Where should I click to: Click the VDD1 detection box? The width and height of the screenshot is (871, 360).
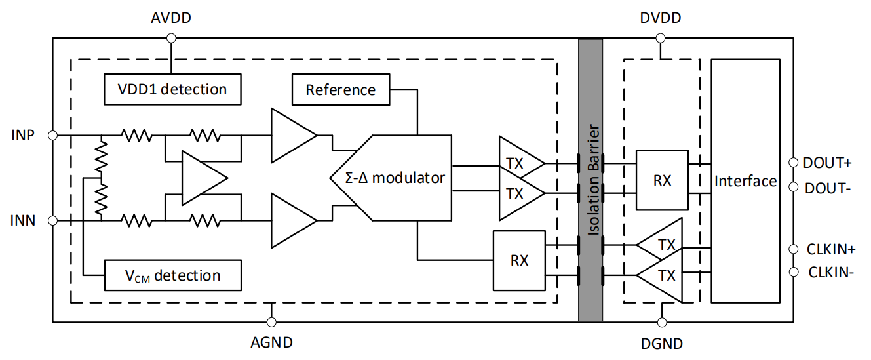coord(172,89)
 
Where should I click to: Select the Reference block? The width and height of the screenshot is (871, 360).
coord(341,90)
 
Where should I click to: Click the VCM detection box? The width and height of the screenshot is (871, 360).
coord(172,275)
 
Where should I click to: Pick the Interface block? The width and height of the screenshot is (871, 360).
coord(746,181)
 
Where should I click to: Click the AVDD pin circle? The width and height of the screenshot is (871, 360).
coord(171,39)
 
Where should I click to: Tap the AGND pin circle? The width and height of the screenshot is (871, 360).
coord(271,322)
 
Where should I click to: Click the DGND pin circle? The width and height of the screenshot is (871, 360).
coord(661,322)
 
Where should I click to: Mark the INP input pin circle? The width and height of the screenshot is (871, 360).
coord(53,136)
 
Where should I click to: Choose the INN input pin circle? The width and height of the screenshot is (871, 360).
coord(53,221)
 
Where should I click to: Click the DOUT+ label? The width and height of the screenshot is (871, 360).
coord(827,163)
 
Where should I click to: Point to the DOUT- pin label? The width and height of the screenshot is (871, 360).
coord(827,188)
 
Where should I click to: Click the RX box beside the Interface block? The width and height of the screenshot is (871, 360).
coord(663,180)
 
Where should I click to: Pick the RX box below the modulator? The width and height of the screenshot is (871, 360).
coord(520,260)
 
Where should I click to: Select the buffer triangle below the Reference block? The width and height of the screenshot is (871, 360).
coord(291,136)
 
